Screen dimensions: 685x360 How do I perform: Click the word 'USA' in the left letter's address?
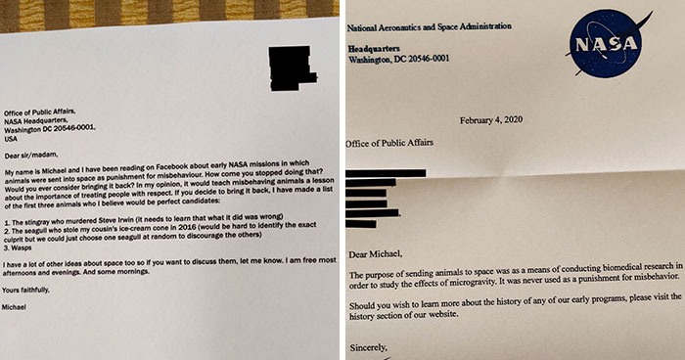coord(13,137)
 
